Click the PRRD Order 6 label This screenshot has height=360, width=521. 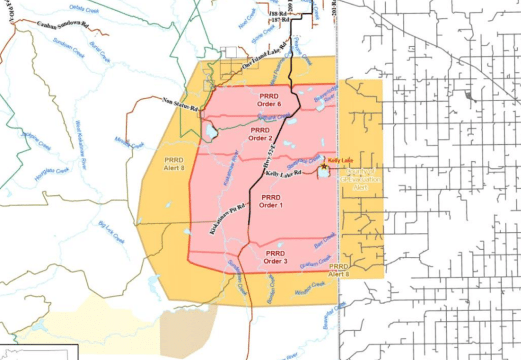tap(269, 100)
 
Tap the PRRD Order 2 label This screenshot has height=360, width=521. tap(260, 134)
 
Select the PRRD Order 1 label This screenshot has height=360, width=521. tap(270, 201)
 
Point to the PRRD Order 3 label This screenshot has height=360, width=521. tap(276, 257)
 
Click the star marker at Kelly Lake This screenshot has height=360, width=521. tap(324, 166)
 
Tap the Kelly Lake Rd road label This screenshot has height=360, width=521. tap(283, 173)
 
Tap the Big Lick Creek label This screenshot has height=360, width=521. tap(111, 231)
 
